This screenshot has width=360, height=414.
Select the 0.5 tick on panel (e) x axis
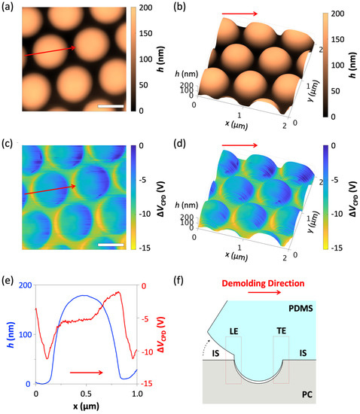pyautogui.click(x=86, y=394)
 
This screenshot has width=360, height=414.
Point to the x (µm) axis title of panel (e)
pyautogui.click(x=86, y=406)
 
